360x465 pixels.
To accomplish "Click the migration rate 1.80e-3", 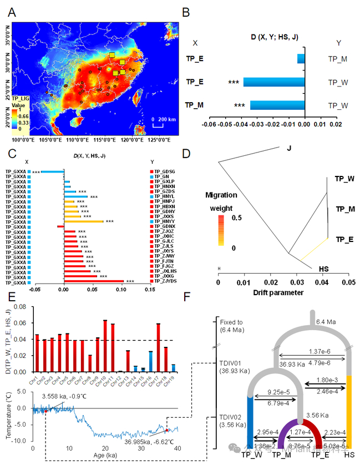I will click(324, 381).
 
